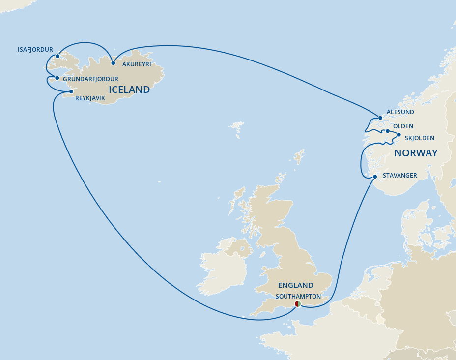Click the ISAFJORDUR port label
click(35, 50)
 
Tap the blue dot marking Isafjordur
click(57, 56)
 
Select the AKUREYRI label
click(137, 64)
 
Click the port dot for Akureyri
click(113, 63)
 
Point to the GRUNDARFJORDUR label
click(90, 79)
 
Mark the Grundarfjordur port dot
click(57, 78)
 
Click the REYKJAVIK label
click(90, 98)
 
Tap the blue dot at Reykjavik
click(71, 91)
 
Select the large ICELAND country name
click(129, 90)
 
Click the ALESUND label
click(400, 112)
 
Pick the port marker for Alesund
click(380, 118)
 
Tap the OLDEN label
click(403, 126)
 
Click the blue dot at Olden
click(388, 131)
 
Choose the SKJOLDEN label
click(421, 139)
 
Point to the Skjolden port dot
click(399, 135)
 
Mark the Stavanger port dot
click(375, 177)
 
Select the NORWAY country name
click(416, 153)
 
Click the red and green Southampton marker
click(297, 304)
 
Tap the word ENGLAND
click(295, 285)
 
